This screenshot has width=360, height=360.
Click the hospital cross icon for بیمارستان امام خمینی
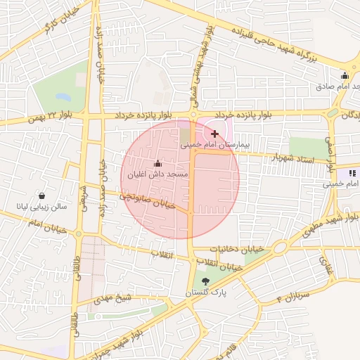[x=214, y=134]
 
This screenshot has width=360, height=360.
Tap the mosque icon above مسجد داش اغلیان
[x=157, y=164]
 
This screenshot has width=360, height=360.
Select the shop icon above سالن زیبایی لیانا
[x=44, y=195]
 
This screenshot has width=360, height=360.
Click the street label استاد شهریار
[x=290, y=158]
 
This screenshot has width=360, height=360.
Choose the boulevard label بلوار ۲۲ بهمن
[x=50, y=117]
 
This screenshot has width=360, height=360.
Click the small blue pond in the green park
[x=63, y=96]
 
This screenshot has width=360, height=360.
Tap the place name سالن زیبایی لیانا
[x=44, y=207]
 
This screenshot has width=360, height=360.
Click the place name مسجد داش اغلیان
[x=157, y=174]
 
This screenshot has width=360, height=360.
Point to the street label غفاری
[x=327, y=265]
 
